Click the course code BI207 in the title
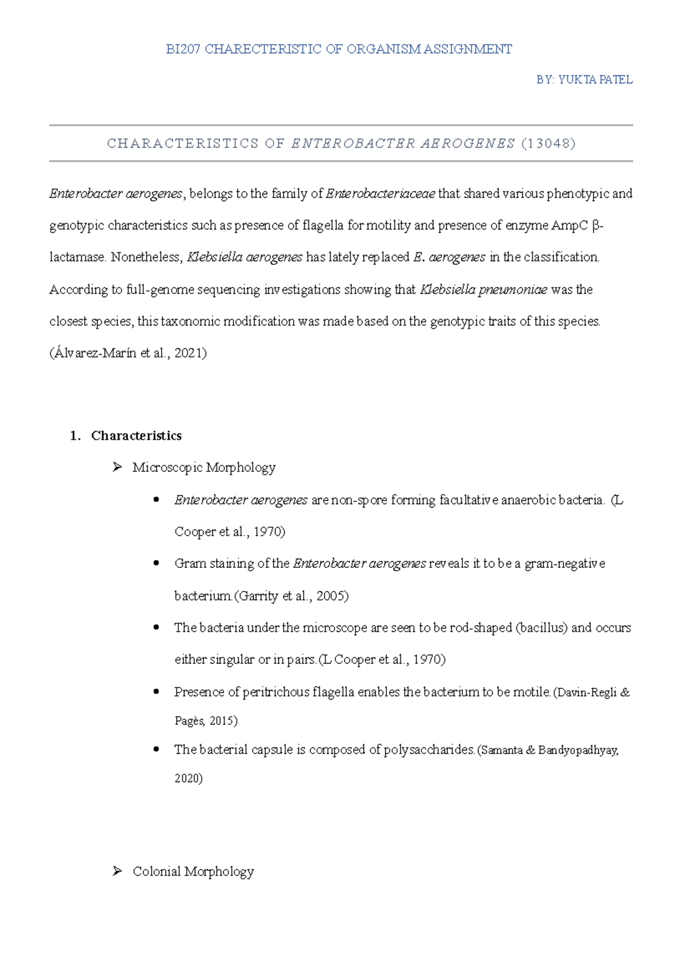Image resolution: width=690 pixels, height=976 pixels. pos(182,49)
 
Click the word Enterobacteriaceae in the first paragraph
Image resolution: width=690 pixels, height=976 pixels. pos(380,194)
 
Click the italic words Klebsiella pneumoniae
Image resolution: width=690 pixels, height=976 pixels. pos(484,290)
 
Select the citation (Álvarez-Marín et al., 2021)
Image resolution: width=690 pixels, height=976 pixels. pos(128,353)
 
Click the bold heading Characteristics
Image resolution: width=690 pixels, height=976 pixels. pos(136,436)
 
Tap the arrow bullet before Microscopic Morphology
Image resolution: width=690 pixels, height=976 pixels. pos(117,467)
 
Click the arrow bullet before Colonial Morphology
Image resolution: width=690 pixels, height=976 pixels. pos(117,871)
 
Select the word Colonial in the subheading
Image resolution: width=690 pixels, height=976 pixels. pos(156,872)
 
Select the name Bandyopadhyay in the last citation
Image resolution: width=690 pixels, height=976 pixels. pos(578,751)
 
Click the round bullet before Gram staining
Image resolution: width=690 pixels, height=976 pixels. pos(156,563)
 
